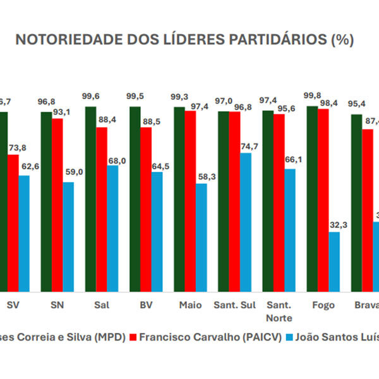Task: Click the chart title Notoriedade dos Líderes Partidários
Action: (x=184, y=40)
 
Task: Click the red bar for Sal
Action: (x=102, y=209)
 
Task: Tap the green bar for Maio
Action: (x=179, y=199)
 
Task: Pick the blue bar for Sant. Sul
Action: (x=245, y=222)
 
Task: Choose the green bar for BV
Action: (x=135, y=199)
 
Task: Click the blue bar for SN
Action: (x=68, y=237)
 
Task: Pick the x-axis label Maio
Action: (x=190, y=306)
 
